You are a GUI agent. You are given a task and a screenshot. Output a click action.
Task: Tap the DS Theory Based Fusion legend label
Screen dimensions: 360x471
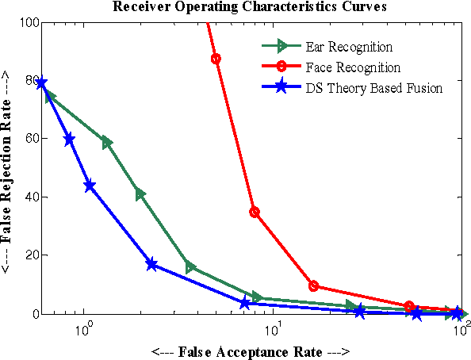click(373, 88)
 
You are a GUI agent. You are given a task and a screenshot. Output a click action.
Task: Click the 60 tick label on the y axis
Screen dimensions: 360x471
click(32, 139)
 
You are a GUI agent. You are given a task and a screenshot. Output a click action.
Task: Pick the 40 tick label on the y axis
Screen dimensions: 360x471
click(32, 197)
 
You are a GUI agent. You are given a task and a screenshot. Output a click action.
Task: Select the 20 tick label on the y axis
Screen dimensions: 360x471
click(32, 255)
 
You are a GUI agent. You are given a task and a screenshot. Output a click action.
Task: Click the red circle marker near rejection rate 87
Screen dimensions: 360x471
click(216, 59)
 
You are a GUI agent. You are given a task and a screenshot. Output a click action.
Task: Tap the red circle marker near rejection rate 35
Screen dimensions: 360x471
click(255, 213)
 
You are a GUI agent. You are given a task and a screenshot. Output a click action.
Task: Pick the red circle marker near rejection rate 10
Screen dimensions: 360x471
click(314, 285)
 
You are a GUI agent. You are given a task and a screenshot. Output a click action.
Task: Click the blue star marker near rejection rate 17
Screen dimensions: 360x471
click(151, 264)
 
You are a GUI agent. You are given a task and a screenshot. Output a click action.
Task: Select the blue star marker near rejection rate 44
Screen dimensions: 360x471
click(90, 186)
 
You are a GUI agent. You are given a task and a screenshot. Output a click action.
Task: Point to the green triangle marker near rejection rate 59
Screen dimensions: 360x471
click(107, 143)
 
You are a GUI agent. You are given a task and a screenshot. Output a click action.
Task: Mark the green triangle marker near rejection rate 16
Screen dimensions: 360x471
click(190, 267)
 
